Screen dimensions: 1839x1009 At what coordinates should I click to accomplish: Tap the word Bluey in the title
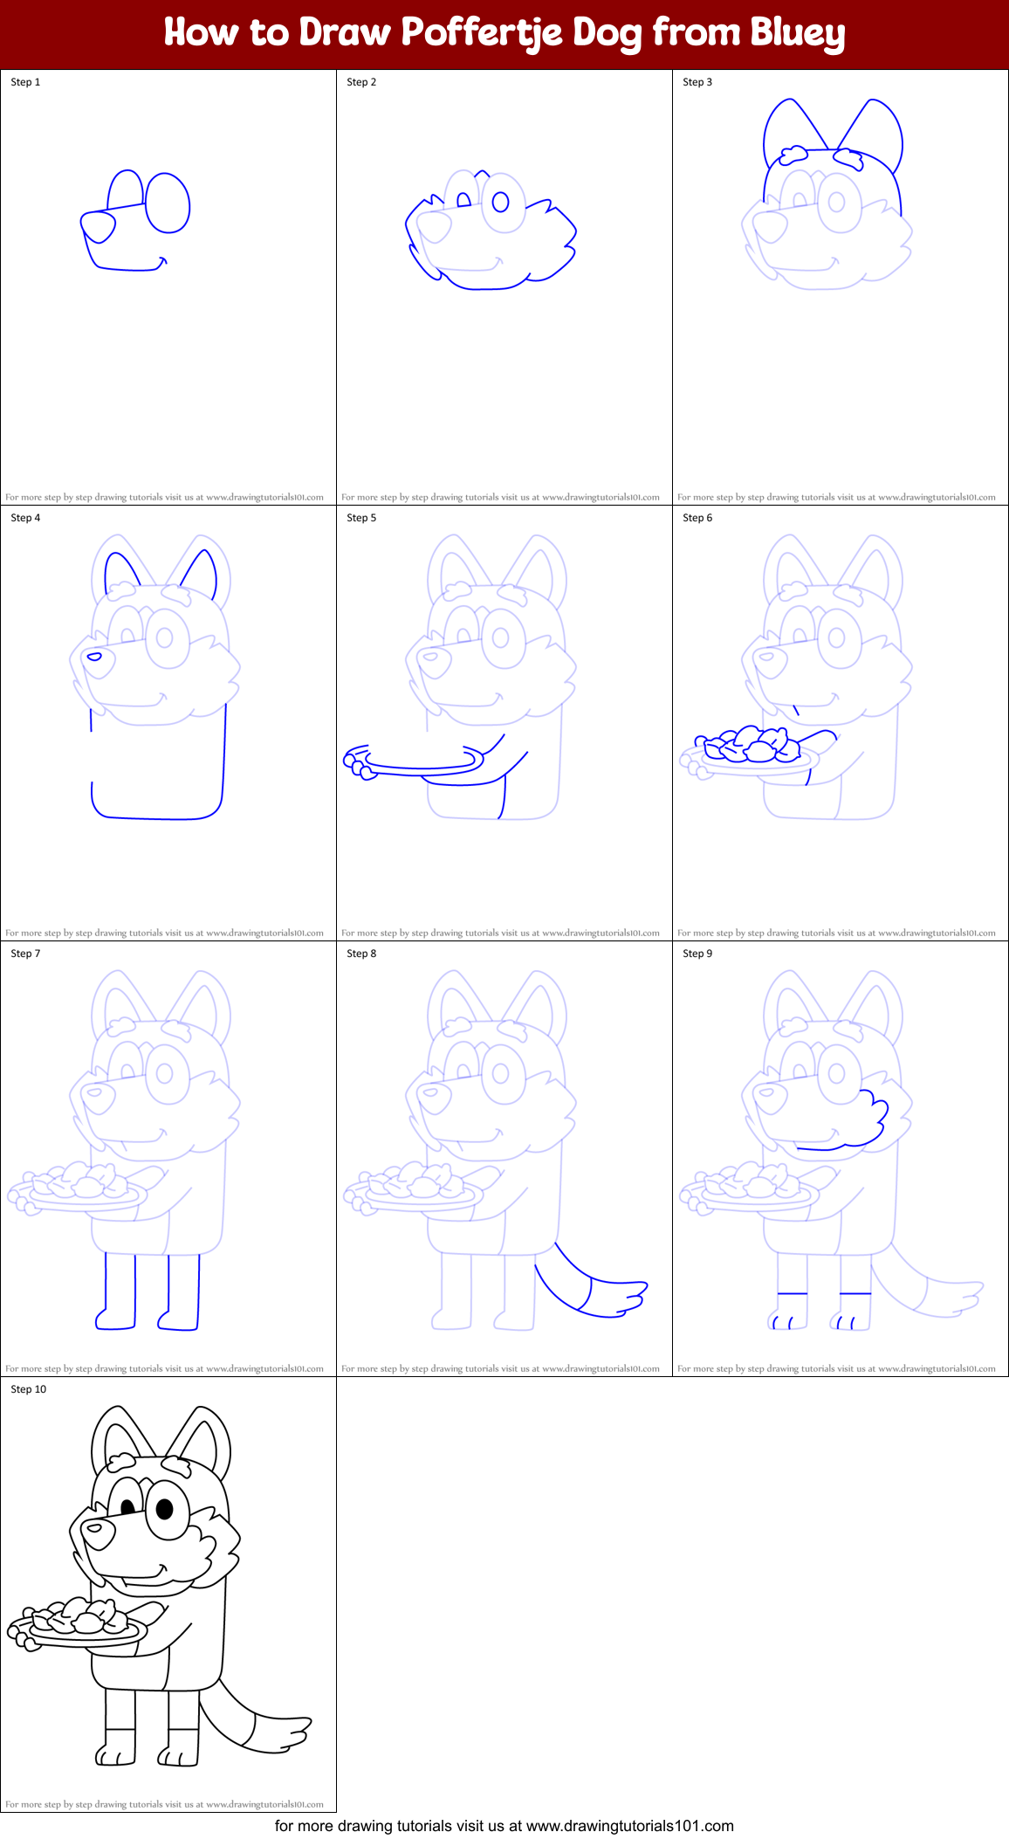click(x=797, y=33)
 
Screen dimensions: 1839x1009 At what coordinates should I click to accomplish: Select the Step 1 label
click(x=25, y=82)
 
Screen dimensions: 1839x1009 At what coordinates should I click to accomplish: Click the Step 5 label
click(x=361, y=518)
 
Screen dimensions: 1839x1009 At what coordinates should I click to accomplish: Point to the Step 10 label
click(x=28, y=1389)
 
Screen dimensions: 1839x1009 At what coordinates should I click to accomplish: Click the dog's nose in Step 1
click(x=98, y=226)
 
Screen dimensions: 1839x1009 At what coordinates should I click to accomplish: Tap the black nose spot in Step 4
click(x=94, y=657)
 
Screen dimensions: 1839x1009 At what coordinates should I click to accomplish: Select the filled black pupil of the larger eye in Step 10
click(x=164, y=1508)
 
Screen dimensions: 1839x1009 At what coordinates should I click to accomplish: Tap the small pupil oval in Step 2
click(x=500, y=203)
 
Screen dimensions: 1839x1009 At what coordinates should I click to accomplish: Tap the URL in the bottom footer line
click(x=630, y=1826)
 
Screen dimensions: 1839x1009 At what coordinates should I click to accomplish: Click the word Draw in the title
click(x=344, y=33)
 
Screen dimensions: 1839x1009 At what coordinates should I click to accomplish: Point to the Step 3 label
click(x=697, y=82)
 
